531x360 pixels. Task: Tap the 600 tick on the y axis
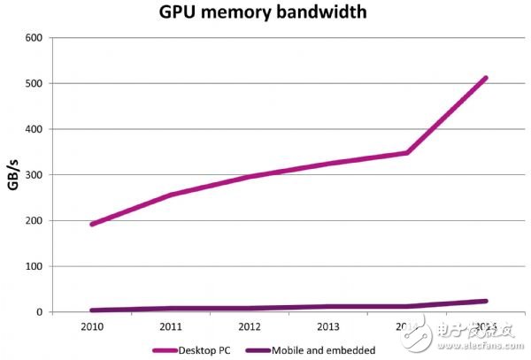click(x=33, y=38)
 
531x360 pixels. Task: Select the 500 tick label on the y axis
click(x=33, y=84)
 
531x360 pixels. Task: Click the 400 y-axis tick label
click(x=33, y=129)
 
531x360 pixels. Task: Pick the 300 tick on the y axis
click(x=33, y=175)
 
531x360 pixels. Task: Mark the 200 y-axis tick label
click(x=33, y=221)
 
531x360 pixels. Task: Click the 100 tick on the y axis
click(x=33, y=266)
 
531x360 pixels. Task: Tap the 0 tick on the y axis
click(x=39, y=312)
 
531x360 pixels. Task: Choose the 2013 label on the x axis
click(x=327, y=326)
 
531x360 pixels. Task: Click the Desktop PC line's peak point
click(x=486, y=78)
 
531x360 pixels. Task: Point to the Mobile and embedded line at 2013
click(x=327, y=307)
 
